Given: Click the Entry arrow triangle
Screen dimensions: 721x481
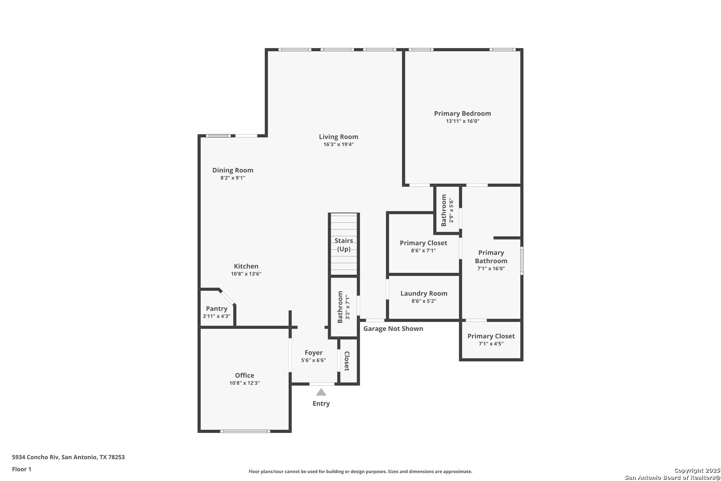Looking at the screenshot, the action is click(x=321, y=392).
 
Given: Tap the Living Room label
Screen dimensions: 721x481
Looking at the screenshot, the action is click(x=339, y=137).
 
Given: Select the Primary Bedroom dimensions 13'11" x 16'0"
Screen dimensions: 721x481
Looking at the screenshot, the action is click(x=462, y=121).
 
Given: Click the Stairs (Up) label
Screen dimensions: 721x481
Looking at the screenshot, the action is click(x=344, y=245).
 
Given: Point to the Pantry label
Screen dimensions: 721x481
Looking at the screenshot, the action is click(x=217, y=308).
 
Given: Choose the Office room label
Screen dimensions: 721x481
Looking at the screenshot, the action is click(x=245, y=375).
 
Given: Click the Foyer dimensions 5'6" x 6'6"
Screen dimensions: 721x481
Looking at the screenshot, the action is click(x=313, y=360).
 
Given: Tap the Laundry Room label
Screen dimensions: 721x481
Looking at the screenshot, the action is click(x=424, y=293).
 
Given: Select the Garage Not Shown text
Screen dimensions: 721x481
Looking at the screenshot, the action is click(x=393, y=329).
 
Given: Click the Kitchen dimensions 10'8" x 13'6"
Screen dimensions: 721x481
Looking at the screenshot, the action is click(x=246, y=274).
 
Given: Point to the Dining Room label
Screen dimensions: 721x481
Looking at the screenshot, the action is click(x=233, y=170).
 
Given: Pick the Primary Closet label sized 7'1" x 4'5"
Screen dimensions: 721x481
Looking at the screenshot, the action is click(x=491, y=336).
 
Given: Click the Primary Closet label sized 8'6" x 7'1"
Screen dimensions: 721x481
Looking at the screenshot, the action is click(x=424, y=243).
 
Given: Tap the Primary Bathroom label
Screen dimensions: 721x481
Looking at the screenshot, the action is click(x=491, y=257).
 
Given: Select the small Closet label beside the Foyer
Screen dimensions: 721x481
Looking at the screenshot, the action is click(x=347, y=361).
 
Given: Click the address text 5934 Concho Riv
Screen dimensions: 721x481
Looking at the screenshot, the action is click(x=36, y=457).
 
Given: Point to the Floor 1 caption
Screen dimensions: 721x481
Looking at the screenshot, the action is click(x=21, y=469).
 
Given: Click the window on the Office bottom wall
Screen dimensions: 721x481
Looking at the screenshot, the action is click(x=245, y=431).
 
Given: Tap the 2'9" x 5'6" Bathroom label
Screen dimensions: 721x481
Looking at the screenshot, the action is click(x=444, y=210).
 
